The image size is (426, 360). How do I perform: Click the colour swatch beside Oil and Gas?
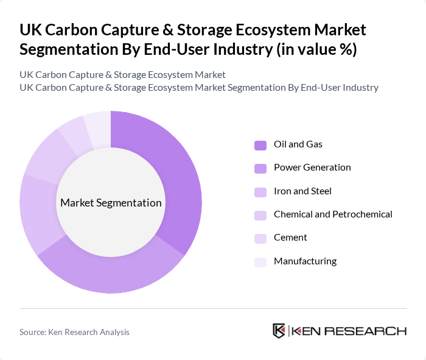click(x=260, y=145)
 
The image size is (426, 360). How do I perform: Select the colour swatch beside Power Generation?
click(x=260, y=168)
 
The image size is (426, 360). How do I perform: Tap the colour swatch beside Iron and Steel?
click(x=260, y=191)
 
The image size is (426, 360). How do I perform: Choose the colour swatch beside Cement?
click(x=260, y=238)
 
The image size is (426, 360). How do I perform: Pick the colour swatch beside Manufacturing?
click(x=260, y=261)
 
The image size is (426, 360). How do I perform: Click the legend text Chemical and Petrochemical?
click(x=333, y=214)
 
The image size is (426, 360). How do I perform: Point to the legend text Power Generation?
click(x=312, y=168)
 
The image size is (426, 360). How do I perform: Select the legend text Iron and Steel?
click(x=302, y=191)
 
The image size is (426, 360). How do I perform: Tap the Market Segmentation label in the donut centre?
click(x=111, y=203)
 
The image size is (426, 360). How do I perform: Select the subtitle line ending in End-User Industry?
click(x=199, y=88)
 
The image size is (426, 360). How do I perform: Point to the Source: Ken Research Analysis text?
click(x=74, y=332)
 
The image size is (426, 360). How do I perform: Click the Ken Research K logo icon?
click(x=279, y=331)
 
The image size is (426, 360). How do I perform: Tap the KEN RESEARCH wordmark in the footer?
click(x=349, y=331)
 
